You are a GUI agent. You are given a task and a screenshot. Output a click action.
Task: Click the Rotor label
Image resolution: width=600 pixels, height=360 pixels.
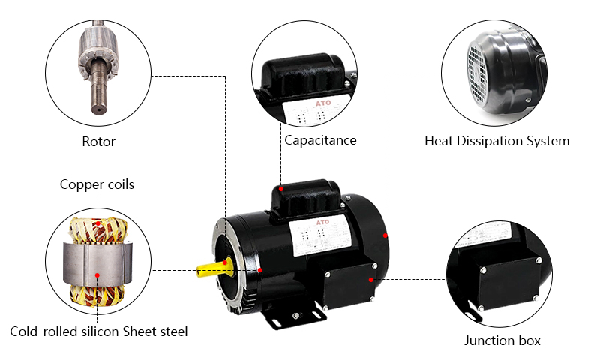coord(98,141)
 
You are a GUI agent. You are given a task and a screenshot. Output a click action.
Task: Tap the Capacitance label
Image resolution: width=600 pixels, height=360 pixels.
coord(320,140)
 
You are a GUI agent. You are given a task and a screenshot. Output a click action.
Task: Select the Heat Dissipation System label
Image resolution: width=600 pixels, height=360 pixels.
coord(496,141)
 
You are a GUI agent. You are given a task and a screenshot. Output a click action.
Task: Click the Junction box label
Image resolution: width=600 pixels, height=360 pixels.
coord(502,340)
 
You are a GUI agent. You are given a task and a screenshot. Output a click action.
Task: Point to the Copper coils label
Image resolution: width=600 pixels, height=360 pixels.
coord(97,184)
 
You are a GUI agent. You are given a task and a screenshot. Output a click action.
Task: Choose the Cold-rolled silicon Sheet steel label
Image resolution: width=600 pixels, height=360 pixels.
coord(98,331)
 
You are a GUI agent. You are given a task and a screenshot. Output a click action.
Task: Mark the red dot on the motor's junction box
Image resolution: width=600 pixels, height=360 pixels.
coord(371,280)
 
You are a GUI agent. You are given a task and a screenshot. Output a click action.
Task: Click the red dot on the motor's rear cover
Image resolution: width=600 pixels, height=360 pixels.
coord(385,235)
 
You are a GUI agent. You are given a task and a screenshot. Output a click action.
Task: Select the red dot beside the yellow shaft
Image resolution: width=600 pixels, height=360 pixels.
coord(259,269)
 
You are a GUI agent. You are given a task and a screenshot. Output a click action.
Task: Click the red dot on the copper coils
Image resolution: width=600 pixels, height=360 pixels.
coord(98,222)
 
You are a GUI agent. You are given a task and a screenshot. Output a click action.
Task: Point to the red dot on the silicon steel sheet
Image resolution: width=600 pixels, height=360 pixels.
coord(97,275)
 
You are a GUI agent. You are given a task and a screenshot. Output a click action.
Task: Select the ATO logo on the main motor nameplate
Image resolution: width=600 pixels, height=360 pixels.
coord(316,223)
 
